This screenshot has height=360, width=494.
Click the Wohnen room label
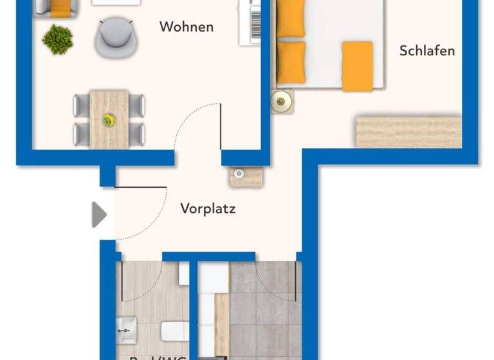point(186,27)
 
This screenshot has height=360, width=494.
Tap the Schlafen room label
point(426,51)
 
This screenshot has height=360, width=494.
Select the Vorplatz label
point(208,208)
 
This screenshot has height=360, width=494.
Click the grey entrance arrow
point(98,214)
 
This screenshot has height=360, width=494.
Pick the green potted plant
point(57,39)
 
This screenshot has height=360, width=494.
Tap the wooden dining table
point(109,119)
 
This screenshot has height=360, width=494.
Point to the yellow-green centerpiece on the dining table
point(109,120)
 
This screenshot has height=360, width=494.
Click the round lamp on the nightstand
point(281,100)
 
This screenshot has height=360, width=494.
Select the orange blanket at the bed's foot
point(357,66)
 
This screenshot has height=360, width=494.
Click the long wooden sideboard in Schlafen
point(408,132)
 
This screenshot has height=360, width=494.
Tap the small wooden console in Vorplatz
point(246,176)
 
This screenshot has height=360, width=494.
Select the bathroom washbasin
point(126,330)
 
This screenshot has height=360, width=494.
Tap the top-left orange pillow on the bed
point(291,18)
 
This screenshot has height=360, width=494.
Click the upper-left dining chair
point(81,105)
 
